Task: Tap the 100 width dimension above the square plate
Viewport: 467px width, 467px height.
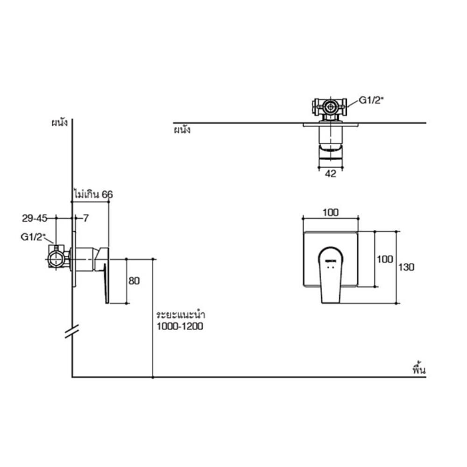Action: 330,212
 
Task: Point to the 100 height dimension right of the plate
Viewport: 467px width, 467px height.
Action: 385,259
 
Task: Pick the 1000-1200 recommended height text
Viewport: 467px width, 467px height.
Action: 180,326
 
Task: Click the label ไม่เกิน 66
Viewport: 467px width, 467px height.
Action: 93,194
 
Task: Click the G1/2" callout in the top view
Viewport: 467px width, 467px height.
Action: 370,100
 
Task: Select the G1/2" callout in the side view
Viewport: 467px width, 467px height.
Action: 32,237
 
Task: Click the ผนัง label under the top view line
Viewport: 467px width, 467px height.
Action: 181,130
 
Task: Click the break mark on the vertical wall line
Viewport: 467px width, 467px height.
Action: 71,332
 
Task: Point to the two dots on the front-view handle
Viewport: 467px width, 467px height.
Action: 331,268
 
